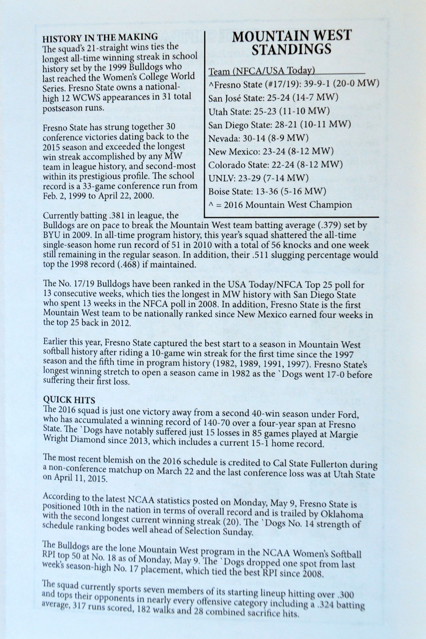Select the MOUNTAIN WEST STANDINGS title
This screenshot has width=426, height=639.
pos(291,42)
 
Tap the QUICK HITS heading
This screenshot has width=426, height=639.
pos(69,400)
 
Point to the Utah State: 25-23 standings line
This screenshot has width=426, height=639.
pos(269,111)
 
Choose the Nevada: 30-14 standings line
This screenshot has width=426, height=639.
pos(258,138)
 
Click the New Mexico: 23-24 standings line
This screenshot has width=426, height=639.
pos(271,151)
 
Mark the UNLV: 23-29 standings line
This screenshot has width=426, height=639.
pos(258,178)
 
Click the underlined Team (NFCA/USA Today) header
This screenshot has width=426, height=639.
pos(261,71)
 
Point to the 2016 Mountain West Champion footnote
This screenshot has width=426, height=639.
pos(280,205)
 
